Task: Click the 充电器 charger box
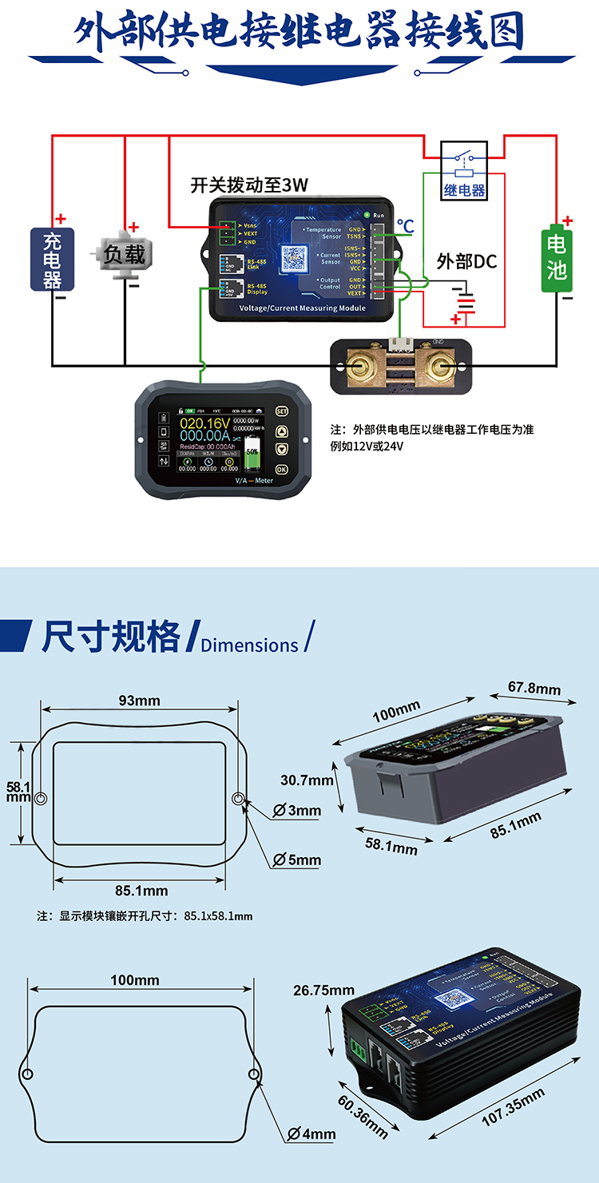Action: [52, 259]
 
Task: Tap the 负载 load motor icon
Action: [125, 255]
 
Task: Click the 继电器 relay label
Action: [464, 191]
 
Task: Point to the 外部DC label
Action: [466, 261]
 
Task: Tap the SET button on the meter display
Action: [281, 411]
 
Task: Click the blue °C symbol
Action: [406, 227]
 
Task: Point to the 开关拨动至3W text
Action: [249, 186]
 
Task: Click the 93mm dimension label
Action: [140, 701]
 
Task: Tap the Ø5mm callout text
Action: [296, 860]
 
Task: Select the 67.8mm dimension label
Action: [534, 687]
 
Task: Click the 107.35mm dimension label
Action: [514, 1106]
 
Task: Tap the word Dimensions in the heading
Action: [249, 645]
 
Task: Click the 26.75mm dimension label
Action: [323, 990]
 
